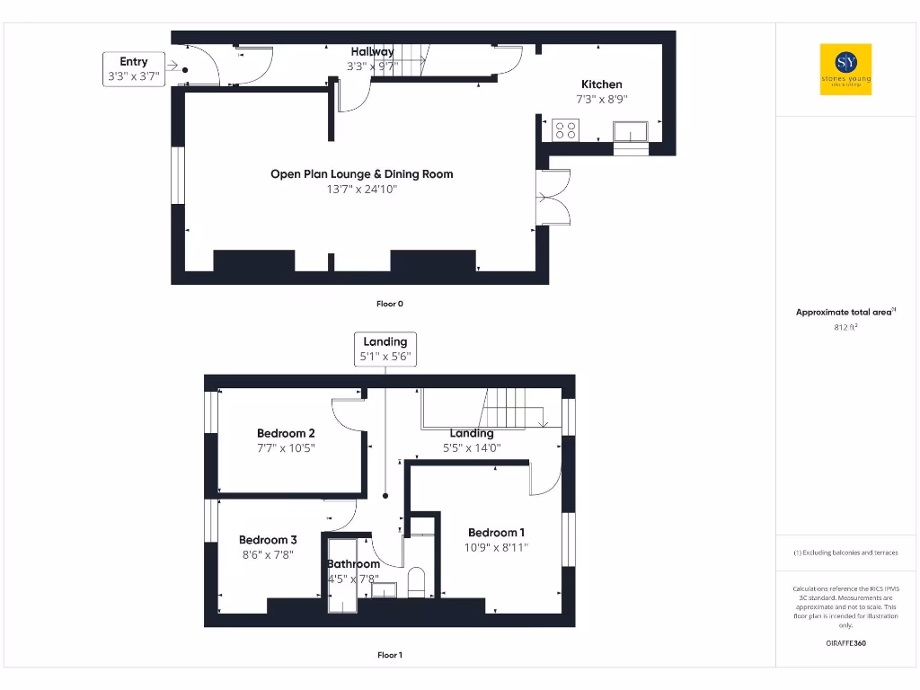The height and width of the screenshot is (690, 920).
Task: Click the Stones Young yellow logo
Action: (845, 69)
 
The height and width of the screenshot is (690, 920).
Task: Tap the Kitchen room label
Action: (601, 84)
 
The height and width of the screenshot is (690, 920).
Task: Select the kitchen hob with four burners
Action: (566, 129)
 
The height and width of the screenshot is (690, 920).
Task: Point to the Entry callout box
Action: (133, 69)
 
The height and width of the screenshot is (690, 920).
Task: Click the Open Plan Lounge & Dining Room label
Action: (361, 174)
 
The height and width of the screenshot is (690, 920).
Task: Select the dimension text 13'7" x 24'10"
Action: (361, 190)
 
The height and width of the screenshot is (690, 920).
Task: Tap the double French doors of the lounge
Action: (552, 196)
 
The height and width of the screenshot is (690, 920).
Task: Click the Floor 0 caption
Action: (389, 304)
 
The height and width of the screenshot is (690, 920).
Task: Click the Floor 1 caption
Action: (389, 655)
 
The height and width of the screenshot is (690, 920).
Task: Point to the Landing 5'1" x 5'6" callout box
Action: (385, 349)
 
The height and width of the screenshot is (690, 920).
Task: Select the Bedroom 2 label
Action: (286, 433)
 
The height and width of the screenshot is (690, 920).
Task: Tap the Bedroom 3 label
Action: (268, 540)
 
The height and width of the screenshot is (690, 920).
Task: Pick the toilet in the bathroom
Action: (417, 581)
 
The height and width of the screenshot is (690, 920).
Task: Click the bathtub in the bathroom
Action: (341, 577)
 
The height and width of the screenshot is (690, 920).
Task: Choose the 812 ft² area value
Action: (845, 328)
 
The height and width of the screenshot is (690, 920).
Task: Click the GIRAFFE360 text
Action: (845, 643)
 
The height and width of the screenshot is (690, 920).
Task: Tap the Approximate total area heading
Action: (845, 312)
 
